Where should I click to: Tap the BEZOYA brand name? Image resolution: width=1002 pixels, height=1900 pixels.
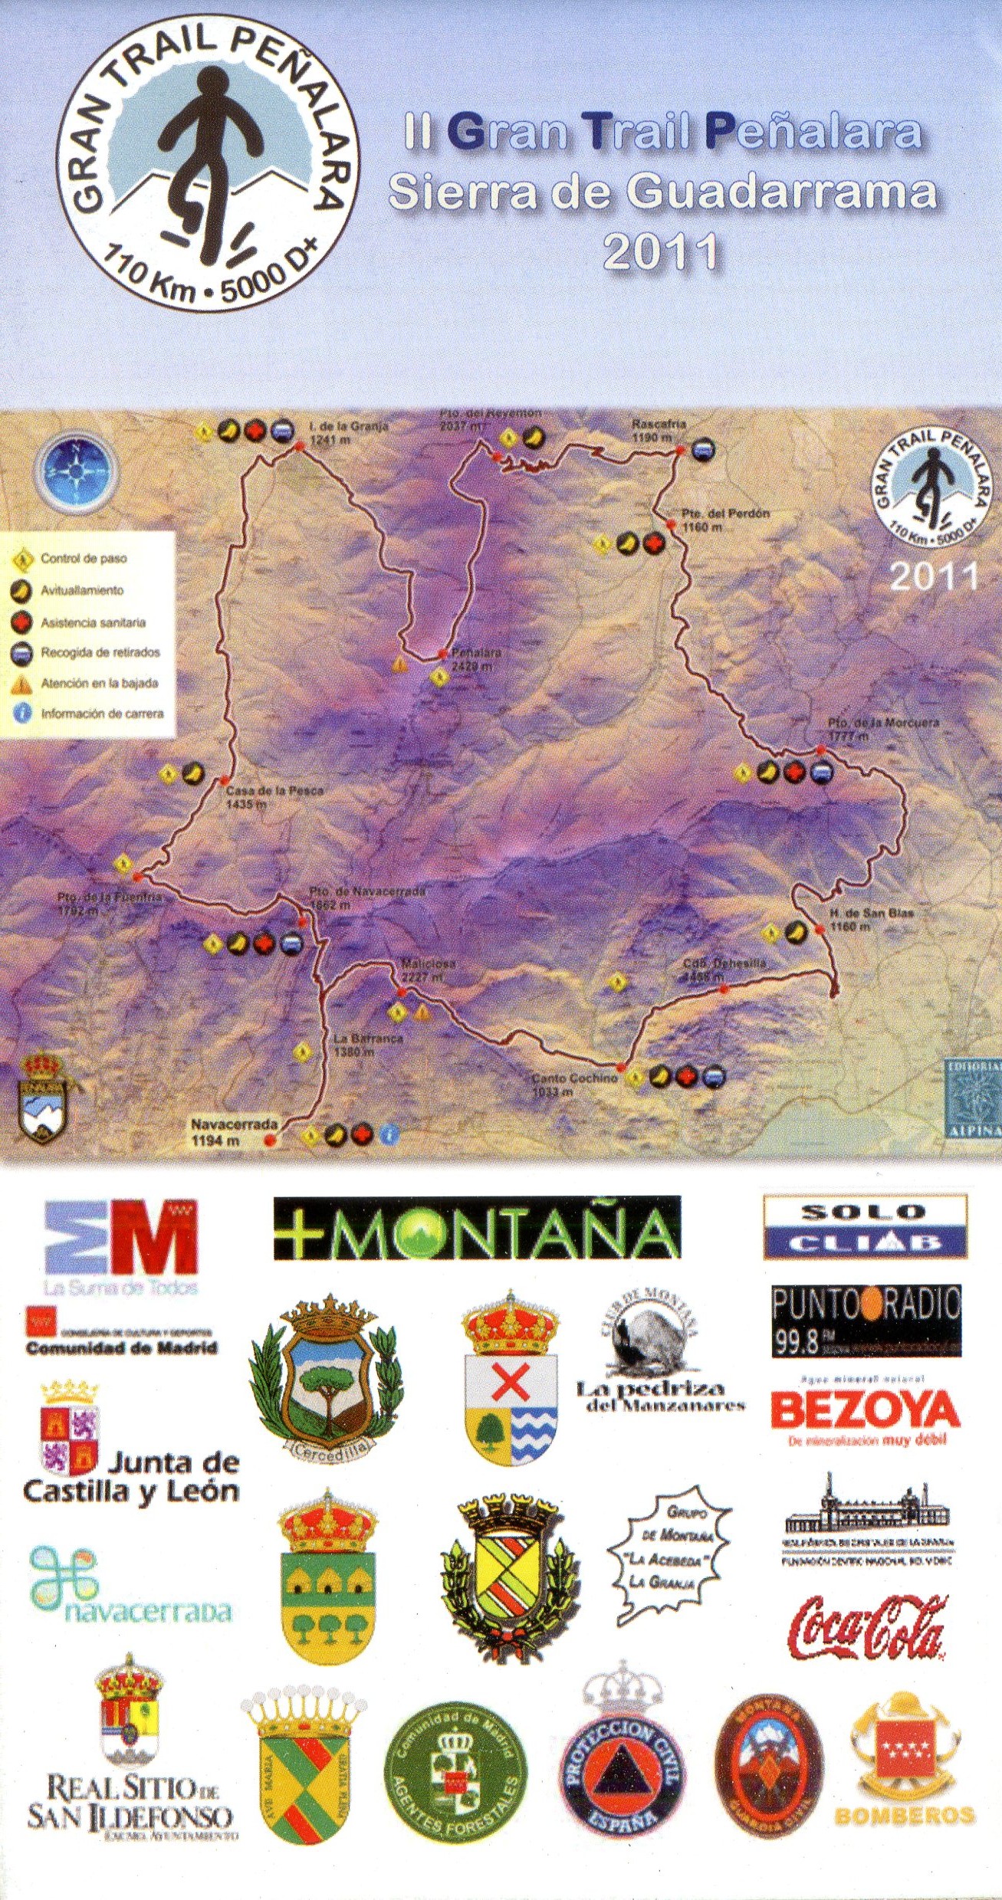[x=865, y=1409]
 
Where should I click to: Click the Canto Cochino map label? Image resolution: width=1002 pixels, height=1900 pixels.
[x=574, y=1083]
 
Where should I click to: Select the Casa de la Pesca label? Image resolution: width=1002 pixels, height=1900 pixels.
[x=274, y=796]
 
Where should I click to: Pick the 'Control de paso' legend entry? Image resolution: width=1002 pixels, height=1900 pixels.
[x=83, y=559]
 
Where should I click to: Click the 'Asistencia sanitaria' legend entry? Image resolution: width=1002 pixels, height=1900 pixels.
[x=92, y=622]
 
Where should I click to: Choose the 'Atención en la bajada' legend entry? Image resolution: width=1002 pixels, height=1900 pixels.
[x=98, y=684]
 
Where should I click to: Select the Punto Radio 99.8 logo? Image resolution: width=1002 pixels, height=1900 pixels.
[x=865, y=1320]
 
